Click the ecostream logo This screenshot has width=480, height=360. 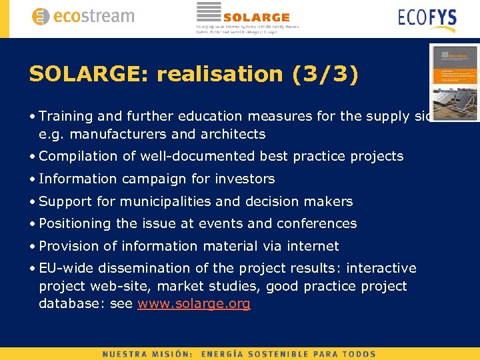tap(83, 17)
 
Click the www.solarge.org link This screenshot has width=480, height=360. tap(193, 304)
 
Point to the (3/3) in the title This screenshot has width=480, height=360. tap(325, 74)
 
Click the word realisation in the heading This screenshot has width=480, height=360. tap(219, 74)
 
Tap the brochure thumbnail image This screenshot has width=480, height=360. tap(455, 83)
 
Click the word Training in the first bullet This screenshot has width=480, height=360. tap(66, 116)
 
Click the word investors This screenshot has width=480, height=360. tap(246, 179)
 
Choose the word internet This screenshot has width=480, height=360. tap(313, 246)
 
